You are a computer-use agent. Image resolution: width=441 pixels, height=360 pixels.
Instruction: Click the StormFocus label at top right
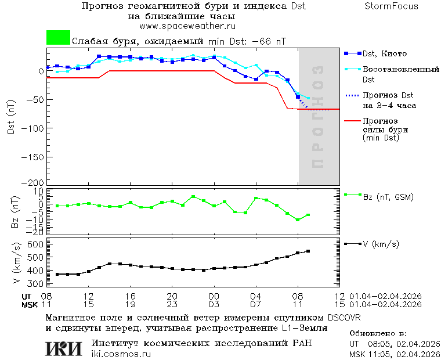point(391,6)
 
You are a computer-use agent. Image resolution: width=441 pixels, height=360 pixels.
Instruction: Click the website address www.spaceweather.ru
point(187,26)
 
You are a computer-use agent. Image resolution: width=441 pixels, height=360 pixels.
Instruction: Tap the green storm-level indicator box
point(58,38)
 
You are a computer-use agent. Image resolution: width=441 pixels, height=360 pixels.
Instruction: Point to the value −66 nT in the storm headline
point(266,41)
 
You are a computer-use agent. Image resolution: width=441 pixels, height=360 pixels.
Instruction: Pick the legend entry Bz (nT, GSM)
point(388,197)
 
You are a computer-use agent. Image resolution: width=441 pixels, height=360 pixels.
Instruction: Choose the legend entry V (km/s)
point(381,244)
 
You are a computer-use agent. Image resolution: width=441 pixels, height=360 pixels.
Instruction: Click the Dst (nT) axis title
point(11,118)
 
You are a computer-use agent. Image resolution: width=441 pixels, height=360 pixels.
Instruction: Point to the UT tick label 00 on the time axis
point(214,296)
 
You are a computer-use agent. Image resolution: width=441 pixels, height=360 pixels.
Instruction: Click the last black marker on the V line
point(308,251)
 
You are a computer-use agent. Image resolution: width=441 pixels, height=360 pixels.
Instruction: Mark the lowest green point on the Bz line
point(298,220)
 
